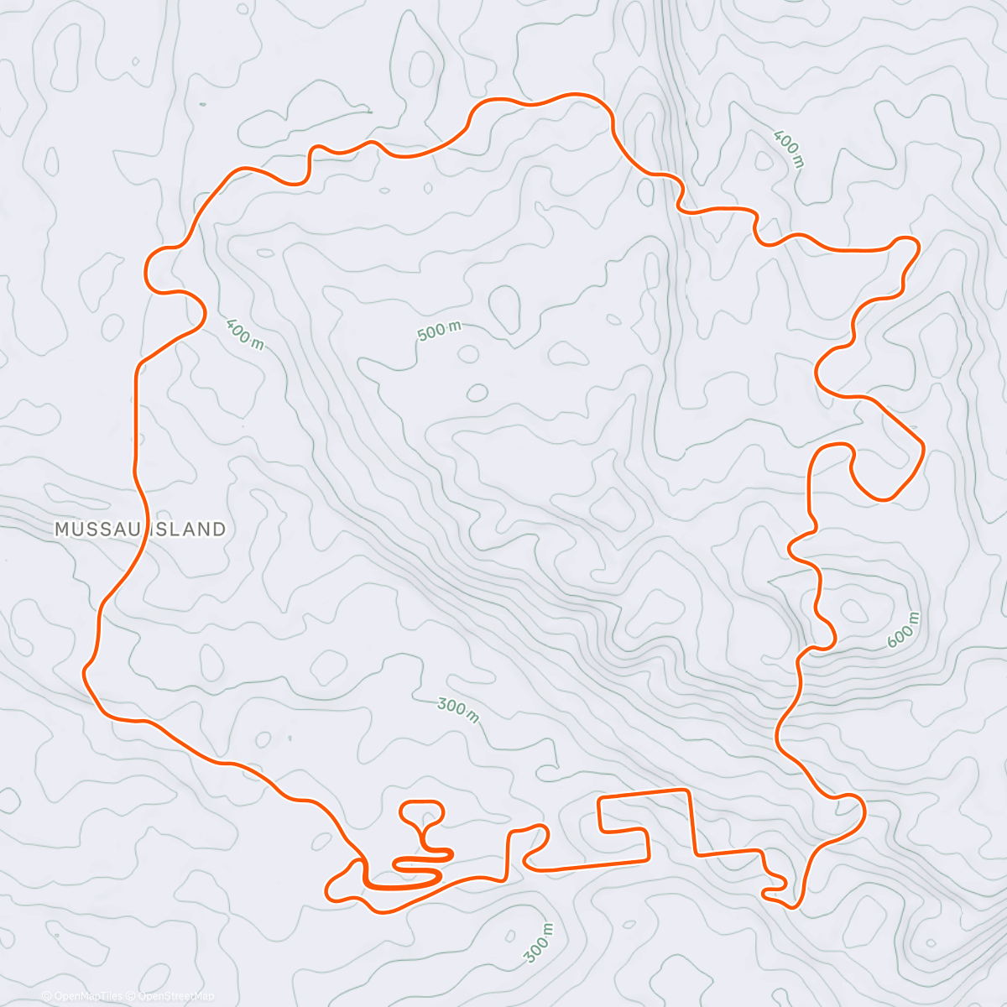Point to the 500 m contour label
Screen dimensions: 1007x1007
pyautogui.click(x=439, y=331)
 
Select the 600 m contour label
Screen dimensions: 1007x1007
pyautogui.click(x=904, y=629)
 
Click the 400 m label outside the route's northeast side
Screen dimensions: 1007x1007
pyautogui.click(x=789, y=149)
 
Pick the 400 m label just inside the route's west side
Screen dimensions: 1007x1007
pyautogui.click(x=244, y=332)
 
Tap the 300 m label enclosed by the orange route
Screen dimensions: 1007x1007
pyautogui.click(x=458, y=710)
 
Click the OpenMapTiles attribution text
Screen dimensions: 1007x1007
pyautogui.click(x=83, y=996)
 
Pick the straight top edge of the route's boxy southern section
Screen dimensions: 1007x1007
pyautogui.click(x=644, y=794)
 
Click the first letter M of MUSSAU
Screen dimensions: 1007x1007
pyautogui.click(x=61, y=530)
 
